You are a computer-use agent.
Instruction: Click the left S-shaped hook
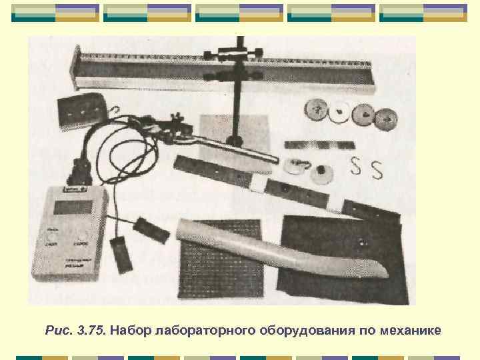[357, 166]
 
